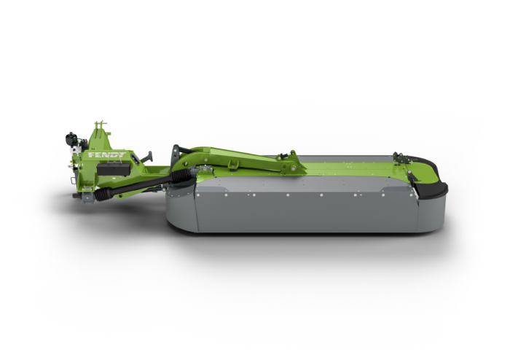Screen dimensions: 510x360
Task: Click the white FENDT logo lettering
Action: [x=107, y=155]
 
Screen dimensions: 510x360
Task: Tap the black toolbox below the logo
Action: [x=114, y=169]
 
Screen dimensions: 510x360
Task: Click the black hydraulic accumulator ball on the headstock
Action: [x=70, y=139]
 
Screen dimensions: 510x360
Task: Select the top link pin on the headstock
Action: [x=101, y=124]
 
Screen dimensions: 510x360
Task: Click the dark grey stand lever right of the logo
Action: [x=146, y=157]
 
